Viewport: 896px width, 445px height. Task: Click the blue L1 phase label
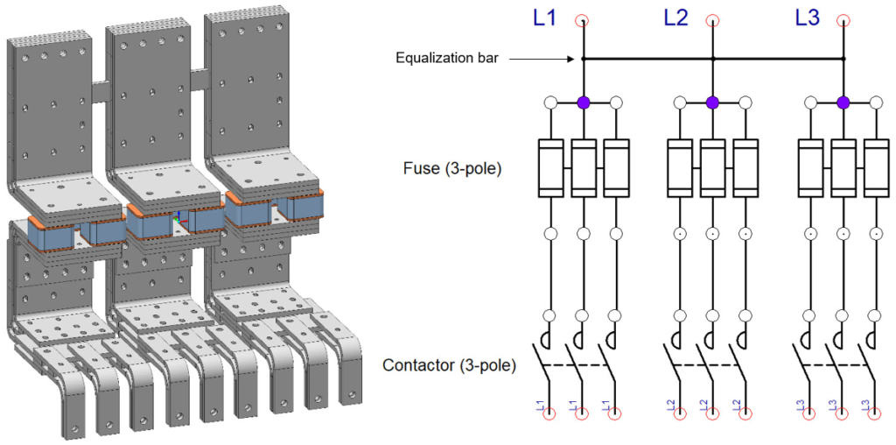(x=544, y=18)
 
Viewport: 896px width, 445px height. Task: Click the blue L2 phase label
(x=675, y=18)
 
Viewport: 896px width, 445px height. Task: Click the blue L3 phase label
(x=807, y=18)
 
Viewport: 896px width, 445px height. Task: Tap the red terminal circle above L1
(x=583, y=21)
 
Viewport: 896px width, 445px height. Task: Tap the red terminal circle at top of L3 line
(x=843, y=21)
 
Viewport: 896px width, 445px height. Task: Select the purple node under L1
(x=584, y=102)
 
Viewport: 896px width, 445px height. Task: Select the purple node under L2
(x=712, y=102)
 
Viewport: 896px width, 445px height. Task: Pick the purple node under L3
(x=843, y=102)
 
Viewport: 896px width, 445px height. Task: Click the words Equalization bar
(x=445, y=60)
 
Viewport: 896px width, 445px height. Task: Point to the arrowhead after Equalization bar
(x=572, y=60)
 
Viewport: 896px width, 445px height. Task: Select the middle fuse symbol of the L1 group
(x=584, y=166)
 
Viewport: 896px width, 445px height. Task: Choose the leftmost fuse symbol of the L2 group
(x=680, y=166)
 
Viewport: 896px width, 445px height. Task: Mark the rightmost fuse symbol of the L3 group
(x=876, y=166)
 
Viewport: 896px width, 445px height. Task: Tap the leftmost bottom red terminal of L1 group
(x=550, y=413)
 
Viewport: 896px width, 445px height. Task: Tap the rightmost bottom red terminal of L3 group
(x=876, y=413)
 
